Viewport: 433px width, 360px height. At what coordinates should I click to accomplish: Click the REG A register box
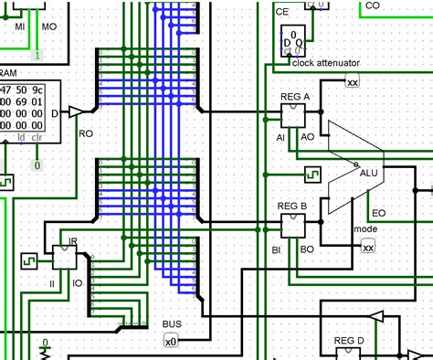294,113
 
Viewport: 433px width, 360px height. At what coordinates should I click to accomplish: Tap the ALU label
368,173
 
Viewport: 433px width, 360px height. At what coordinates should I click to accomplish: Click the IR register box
64,257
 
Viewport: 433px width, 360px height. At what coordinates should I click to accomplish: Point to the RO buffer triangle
77,111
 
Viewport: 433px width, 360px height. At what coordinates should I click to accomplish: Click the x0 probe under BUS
170,341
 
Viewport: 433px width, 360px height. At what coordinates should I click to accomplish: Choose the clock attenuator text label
326,63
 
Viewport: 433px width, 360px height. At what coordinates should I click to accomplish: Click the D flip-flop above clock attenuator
293,41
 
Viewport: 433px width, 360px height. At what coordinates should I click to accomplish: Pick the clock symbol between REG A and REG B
312,171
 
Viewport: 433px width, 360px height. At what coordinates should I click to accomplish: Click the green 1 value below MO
37,56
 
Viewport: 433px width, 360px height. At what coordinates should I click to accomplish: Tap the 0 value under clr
37,165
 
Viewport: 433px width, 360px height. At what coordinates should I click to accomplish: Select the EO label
378,213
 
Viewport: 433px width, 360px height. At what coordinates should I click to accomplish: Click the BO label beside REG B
308,249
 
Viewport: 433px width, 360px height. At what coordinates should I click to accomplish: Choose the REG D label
348,340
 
